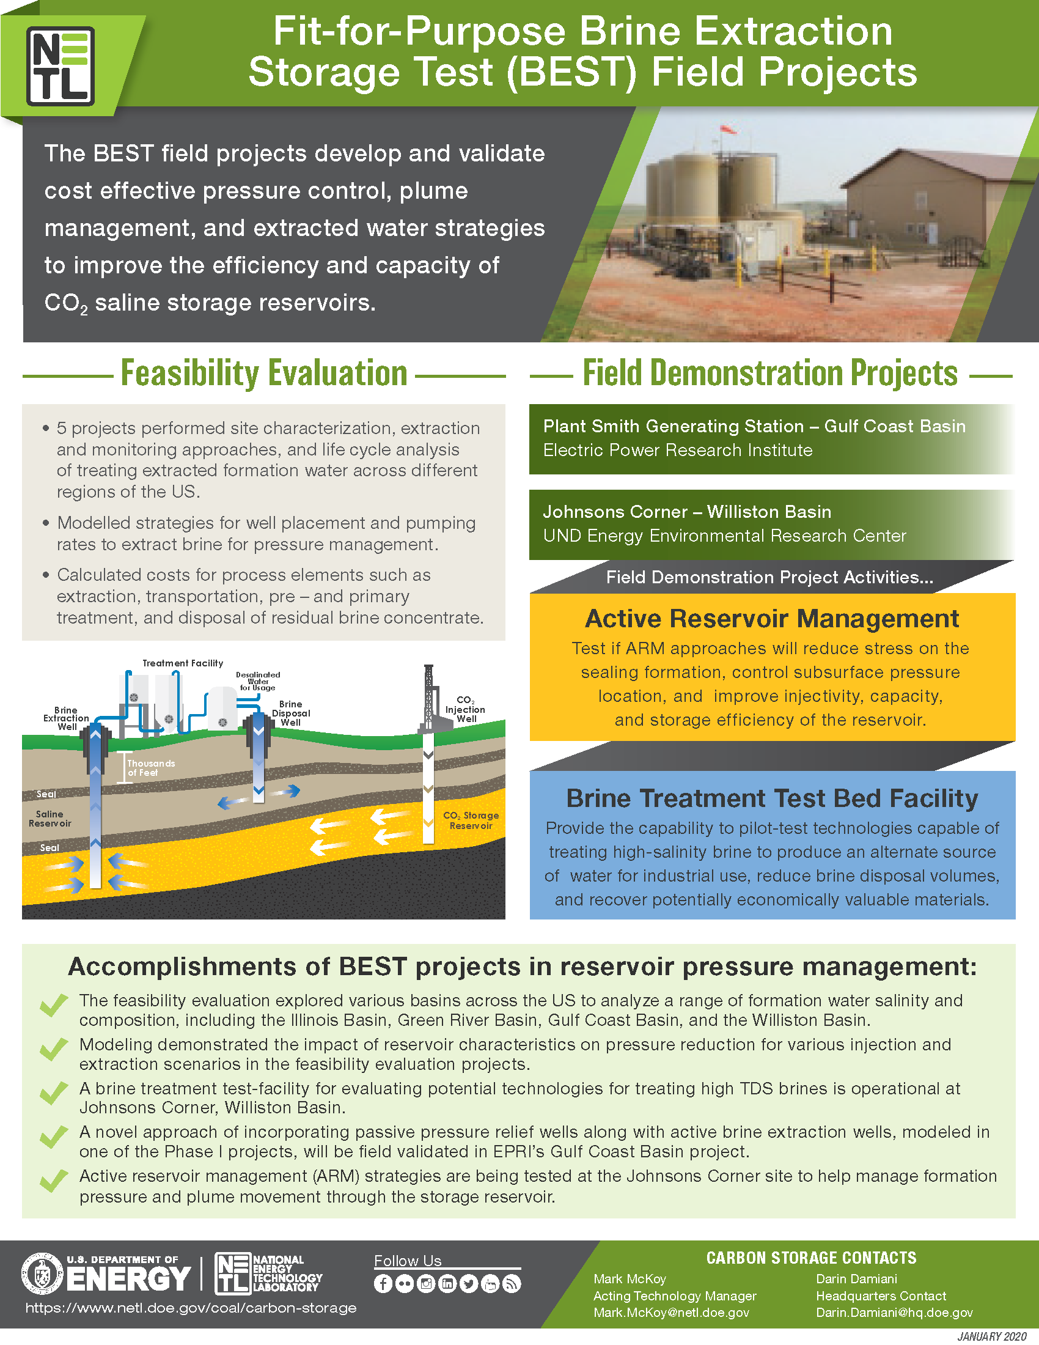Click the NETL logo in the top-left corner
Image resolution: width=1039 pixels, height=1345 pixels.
[x=61, y=66]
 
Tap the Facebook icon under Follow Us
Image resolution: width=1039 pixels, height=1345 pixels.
[x=383, y=1283]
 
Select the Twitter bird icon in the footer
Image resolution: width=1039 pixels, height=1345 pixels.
[x=468, y=1283]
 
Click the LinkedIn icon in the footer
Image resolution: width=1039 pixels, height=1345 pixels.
[x=447, y=1283]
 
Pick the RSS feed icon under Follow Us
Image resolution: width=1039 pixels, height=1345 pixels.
[x=512, y=1283]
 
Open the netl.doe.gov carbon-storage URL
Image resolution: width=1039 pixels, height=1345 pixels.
[x=191, y=1308]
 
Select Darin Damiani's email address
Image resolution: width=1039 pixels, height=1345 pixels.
[x=894, y=1313]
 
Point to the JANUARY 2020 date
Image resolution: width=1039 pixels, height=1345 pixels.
[x=991, y=1336]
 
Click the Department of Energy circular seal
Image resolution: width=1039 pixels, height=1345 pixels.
[x=42, y=1273]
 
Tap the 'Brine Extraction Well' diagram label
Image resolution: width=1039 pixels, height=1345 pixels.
[x=66, y=718]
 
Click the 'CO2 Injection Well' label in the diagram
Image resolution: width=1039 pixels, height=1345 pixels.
[x=465, y=709]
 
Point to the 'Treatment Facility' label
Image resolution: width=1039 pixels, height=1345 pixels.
[x=183, y=663]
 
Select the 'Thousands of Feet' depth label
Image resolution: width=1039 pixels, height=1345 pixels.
[x=151, y=768]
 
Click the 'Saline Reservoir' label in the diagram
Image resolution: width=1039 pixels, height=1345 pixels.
[x=50, y=819]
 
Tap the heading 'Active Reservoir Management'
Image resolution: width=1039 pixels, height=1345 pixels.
[x=772, y=618]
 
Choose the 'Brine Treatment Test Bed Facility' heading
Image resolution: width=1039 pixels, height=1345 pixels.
[x=772, y=798]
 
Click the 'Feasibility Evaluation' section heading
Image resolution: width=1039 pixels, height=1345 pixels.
[x=263, y=373]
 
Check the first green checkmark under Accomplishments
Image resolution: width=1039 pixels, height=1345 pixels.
[x=54, y=1005]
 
